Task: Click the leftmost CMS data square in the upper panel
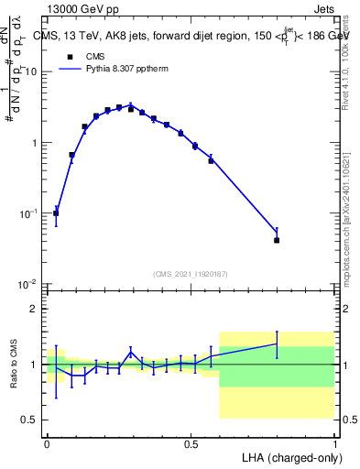pos(56,213)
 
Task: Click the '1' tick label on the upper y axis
pos(35,143)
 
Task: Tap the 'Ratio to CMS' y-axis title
pos(12,365)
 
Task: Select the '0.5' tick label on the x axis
pos(191,442)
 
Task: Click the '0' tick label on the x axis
pos(47,442)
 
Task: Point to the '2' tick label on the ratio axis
pos(35,309)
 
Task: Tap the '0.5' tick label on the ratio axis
pos(30,420)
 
